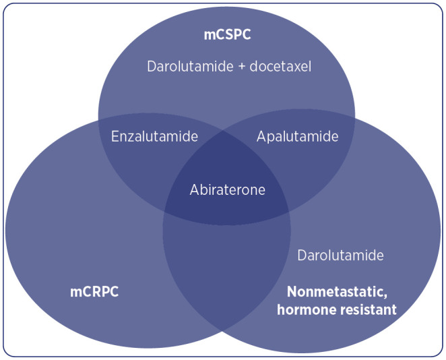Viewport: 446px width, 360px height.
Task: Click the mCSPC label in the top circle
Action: click(227, 34)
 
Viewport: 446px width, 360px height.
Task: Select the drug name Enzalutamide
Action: click(154, 136)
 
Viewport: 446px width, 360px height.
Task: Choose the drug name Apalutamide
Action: click(297, 136)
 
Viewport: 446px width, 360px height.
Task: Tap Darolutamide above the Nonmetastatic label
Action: click(340, 256)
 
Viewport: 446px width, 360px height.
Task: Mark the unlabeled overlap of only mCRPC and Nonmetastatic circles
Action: click(226, 276)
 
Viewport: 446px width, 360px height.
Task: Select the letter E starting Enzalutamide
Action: click(115, 136)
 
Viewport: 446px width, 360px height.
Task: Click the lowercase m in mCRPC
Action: click(76, 293)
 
